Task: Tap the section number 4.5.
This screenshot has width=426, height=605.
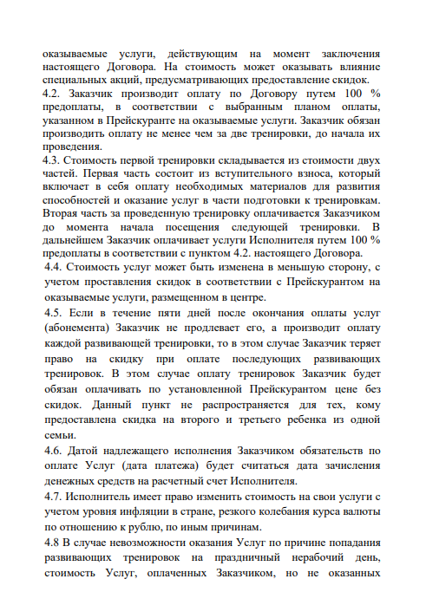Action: click(54, 310)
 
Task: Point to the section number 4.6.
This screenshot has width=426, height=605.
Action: click(54, 451)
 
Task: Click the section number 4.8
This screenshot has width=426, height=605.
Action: click(53, 541)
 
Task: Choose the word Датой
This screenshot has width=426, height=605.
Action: click(88, 451)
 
